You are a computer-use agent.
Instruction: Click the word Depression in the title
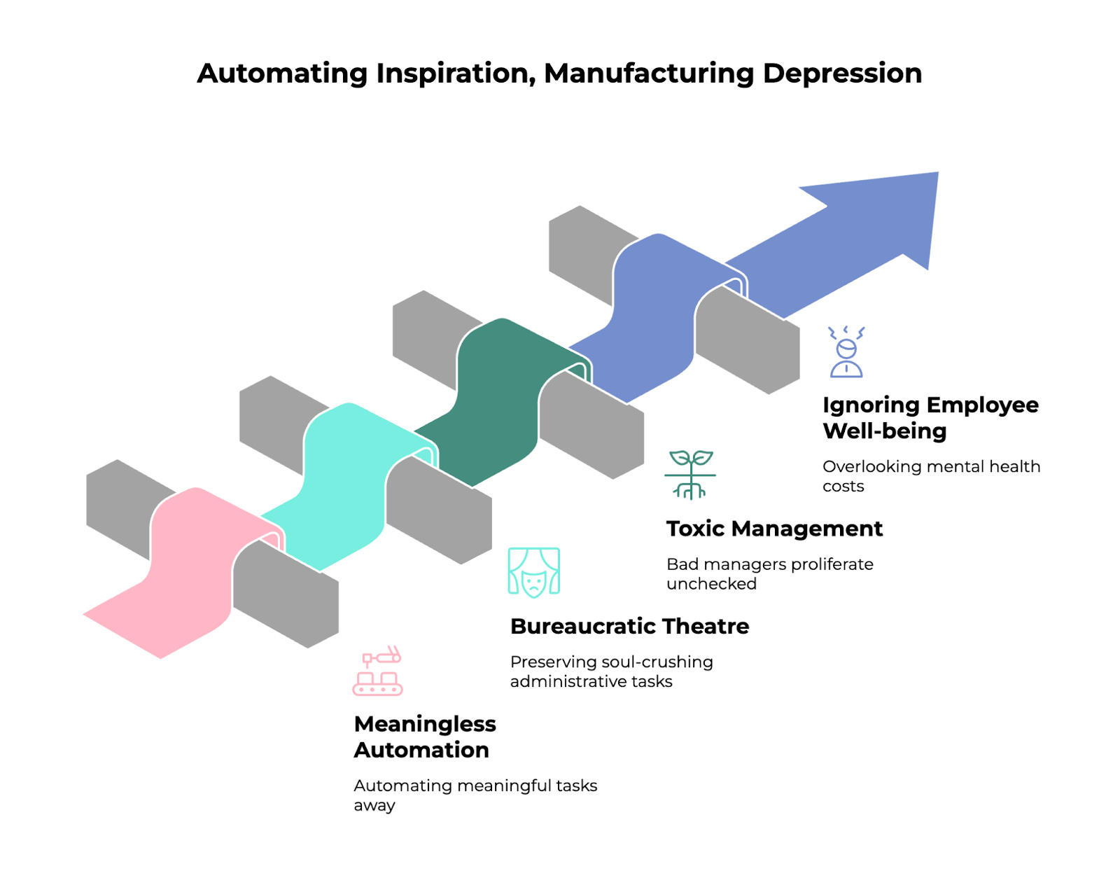coord(842,74)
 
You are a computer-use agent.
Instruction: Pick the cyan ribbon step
coord(343,483)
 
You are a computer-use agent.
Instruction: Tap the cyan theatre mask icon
coord(533,572)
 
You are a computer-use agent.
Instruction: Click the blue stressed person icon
coord(846,352)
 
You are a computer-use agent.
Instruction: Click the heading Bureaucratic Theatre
coord(629,626)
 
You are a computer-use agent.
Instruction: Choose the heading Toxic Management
coord(774,529)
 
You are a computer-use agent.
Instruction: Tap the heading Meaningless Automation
coord(425,737)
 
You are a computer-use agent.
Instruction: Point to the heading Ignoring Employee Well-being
coord(930,417)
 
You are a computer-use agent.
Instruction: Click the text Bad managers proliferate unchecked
coord(770,573)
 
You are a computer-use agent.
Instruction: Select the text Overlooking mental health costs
coord(931,476)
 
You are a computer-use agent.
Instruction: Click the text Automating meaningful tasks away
coord(475,795)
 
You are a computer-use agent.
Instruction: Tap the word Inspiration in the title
coord(456,74)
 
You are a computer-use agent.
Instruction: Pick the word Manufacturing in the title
coord(650,74)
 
